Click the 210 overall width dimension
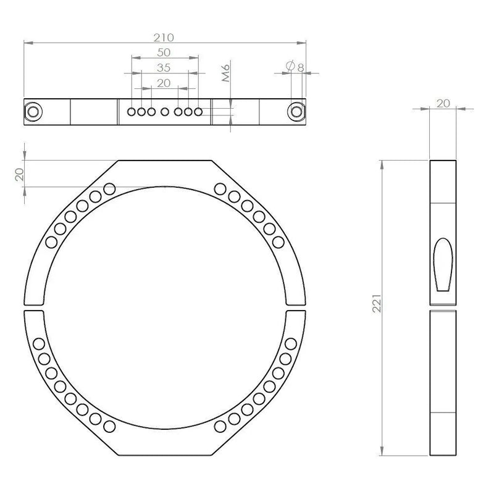(x=164, y=36)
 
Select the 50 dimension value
(x=164, y=52)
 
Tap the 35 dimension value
(x=164, y=67)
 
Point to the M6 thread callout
(x=226, y=75)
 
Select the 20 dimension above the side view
(x=443, y=103)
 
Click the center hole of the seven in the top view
(x=165, y=112)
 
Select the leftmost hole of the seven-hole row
(x=132, y=112)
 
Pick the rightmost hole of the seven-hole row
(x=198, y=112)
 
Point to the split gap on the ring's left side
(x=35, y=308)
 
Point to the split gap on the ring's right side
(x=295, y=308)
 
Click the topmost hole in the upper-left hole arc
(x=110, y=188)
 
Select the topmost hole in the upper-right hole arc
(x=220, y=188)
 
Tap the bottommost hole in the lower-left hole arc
(x=110, y=425)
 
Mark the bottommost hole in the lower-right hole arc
(x=220, y=425)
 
